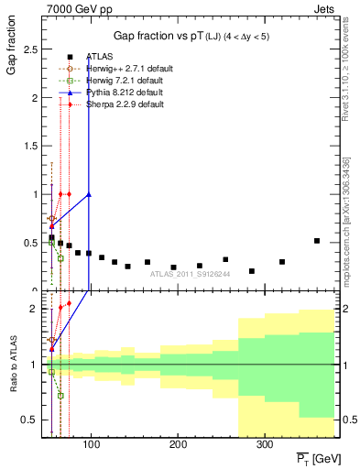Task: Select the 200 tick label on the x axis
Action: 177,445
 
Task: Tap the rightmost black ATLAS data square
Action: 317,241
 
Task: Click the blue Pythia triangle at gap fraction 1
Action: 89,194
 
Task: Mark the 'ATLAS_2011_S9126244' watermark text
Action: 190,273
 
